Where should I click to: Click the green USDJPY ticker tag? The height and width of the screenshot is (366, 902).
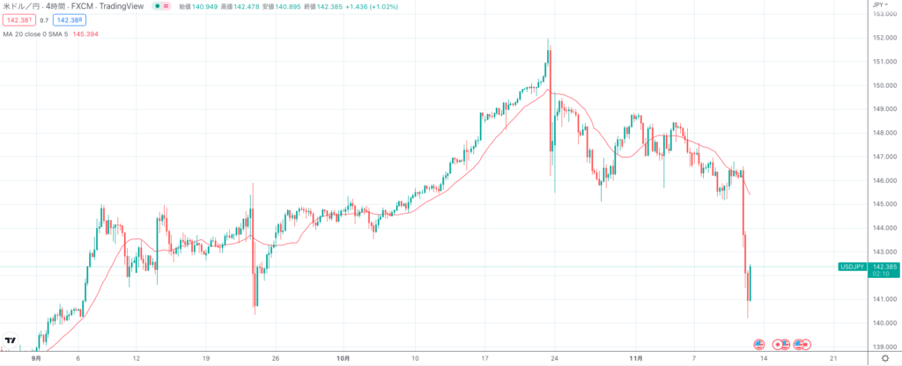[853, 265]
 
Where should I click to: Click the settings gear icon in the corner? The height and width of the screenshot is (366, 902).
[884, 359]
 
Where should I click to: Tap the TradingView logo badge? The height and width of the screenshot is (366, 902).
[11, 340]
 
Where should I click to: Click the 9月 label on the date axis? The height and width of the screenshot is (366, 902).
[36, 359]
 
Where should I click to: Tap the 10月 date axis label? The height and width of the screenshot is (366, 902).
[344, 359]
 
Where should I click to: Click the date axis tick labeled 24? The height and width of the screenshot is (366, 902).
[554, 359]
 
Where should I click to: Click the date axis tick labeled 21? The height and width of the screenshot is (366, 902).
[833, 359]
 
